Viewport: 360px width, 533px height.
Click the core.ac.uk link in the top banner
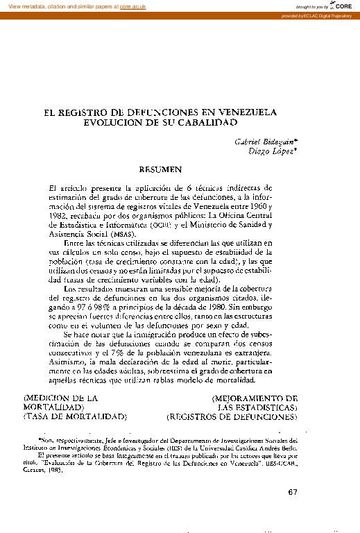pos(133,5)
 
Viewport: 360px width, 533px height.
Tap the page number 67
pos(291,493)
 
